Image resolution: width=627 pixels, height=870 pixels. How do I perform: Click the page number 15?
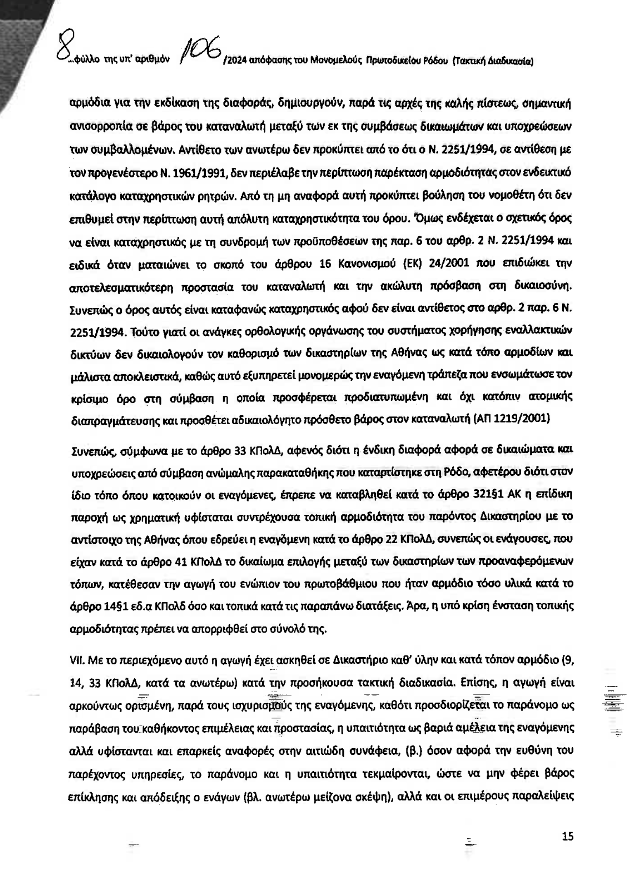(x=568, y=836)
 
